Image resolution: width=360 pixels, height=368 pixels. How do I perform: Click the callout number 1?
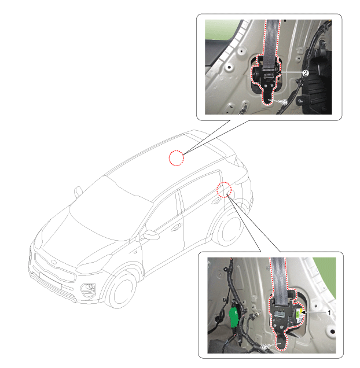pos(329,312)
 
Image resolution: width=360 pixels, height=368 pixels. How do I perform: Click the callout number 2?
pos(305,73)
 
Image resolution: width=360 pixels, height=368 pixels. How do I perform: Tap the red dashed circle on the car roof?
pos(177,158)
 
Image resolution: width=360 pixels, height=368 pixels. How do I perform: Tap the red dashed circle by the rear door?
pos(224,190)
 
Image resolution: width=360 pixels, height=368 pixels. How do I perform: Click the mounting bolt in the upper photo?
pos(284,102)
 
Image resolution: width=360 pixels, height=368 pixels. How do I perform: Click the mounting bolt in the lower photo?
pos(264,347)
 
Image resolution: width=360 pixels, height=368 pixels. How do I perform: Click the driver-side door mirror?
pos(151,235)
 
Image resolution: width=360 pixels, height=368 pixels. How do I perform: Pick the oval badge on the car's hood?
pos(54,262)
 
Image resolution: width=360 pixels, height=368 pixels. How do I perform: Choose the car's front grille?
pos(56,267)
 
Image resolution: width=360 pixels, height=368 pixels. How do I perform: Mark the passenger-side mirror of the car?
pos(78,192)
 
